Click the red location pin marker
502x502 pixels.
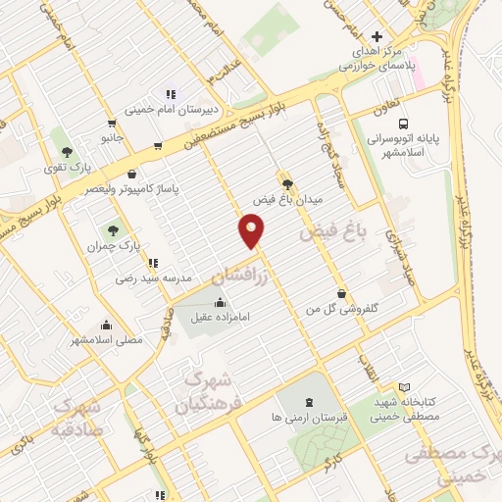252,231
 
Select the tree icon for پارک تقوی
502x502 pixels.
67,152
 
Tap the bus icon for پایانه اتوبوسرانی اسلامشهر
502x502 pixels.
404,124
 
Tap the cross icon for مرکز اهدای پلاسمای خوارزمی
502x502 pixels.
364,37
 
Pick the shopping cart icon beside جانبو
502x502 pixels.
111,124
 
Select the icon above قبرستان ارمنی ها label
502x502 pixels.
310,401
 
